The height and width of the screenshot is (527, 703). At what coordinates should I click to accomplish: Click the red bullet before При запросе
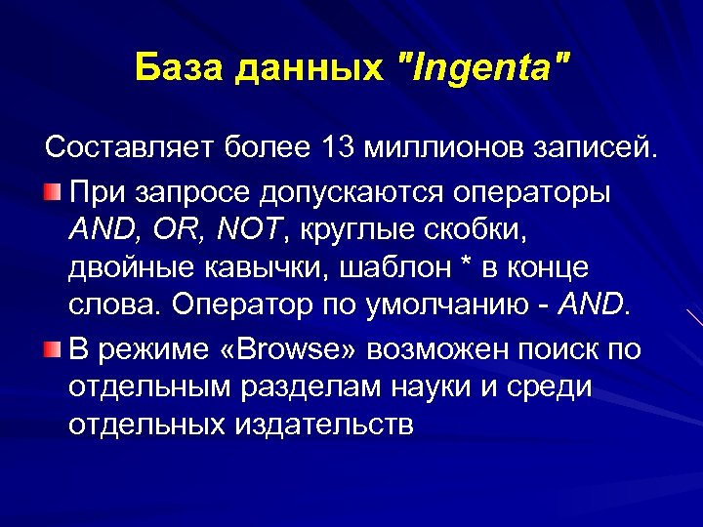55,189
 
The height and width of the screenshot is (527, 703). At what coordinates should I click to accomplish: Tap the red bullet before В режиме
55,347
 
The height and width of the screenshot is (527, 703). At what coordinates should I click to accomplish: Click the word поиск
550,348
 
